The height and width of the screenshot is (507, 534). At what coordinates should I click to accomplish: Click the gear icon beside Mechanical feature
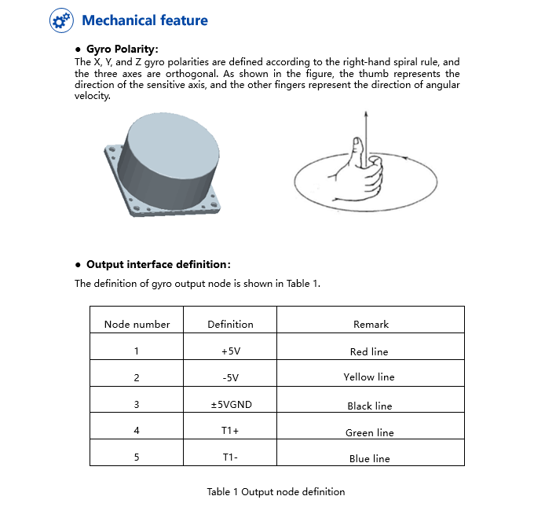point(60,20)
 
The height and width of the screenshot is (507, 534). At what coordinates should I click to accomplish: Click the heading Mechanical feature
point(144,20)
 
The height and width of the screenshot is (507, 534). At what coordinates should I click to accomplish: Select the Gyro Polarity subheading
point(122,49)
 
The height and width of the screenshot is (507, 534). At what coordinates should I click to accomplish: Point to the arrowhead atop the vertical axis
point(365,114)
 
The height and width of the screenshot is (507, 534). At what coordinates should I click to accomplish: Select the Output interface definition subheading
point(158,264)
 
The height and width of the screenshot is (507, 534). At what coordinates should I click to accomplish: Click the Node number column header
point(137,324)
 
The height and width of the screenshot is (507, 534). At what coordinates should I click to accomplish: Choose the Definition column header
point(230,324)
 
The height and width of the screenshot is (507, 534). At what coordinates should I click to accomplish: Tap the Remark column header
point(370,324)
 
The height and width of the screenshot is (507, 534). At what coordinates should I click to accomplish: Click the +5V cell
point(230,351)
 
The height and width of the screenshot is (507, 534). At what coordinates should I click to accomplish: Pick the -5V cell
point(230,377)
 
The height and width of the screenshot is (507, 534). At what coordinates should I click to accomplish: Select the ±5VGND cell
point(230,405)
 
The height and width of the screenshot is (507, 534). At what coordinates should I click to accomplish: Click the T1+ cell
point(230,432)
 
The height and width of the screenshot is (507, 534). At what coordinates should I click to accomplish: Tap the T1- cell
point(230,457)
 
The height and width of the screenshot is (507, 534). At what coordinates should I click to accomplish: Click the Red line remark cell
point(369,351)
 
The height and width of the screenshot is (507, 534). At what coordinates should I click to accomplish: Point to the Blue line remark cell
point(369,458)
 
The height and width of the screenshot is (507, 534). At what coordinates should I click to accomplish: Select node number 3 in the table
point(137,405)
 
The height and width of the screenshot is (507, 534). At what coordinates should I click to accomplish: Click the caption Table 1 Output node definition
point(276,492)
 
